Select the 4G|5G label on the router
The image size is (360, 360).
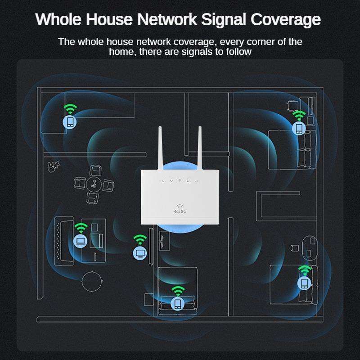180,211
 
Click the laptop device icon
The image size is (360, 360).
81,241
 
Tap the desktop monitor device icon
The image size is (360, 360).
140,252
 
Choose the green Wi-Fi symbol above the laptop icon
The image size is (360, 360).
81,227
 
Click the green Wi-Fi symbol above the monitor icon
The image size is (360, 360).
140,238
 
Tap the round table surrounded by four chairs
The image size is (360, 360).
93,183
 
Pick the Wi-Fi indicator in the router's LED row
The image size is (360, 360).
179,181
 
